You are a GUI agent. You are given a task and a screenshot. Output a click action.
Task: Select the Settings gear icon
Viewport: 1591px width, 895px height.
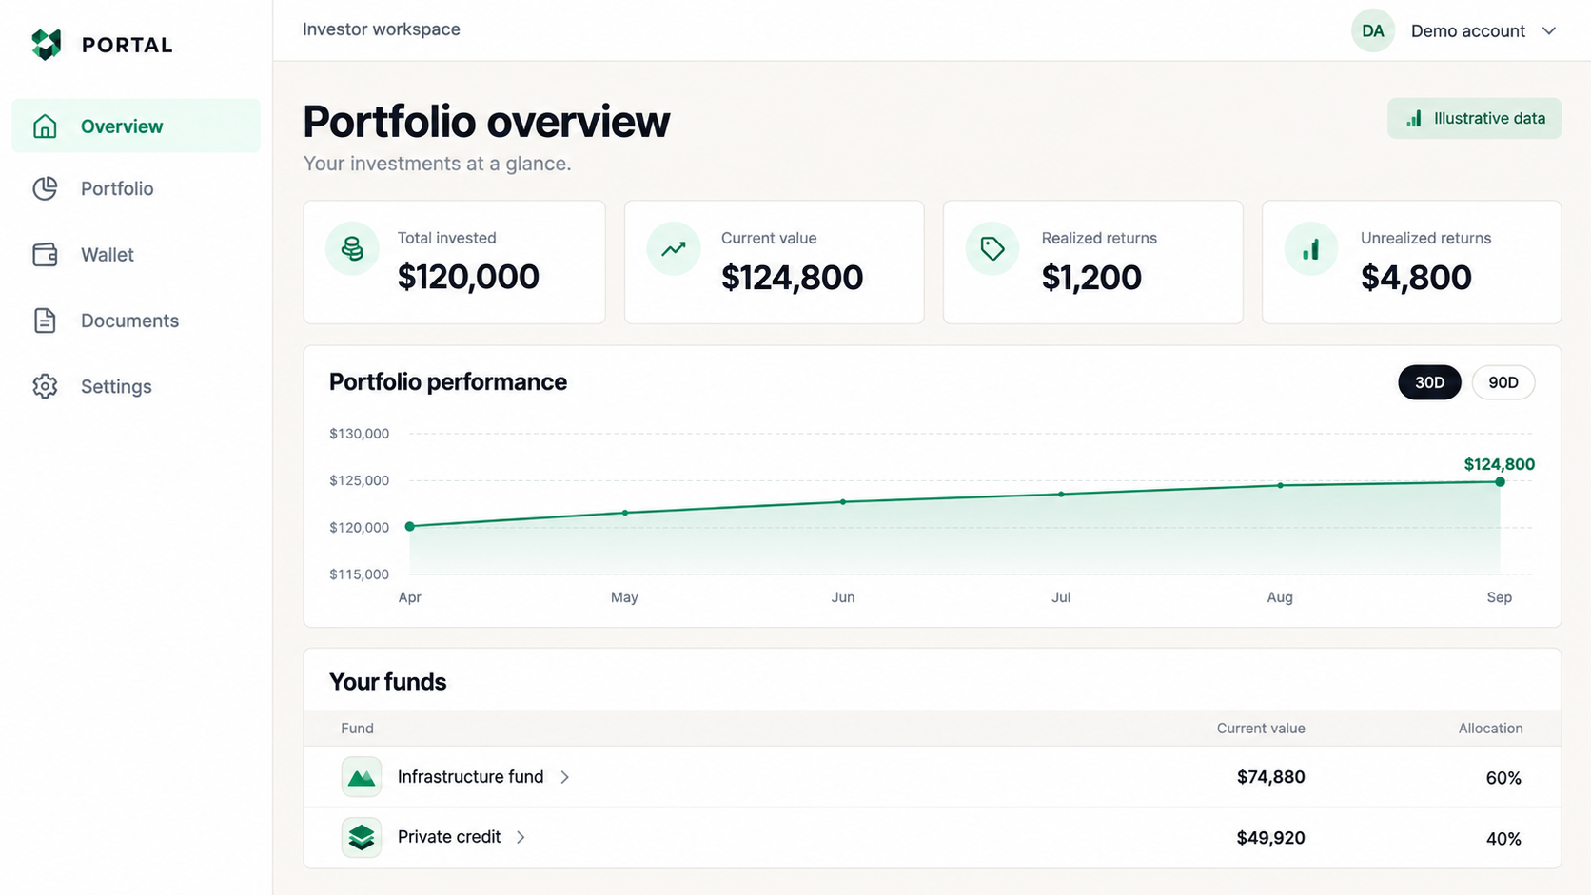point(45,387)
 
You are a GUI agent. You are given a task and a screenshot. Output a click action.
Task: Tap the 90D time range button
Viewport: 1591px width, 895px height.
point(1503,382)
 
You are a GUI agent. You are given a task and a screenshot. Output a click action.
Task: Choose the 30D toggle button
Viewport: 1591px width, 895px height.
point(1429,382)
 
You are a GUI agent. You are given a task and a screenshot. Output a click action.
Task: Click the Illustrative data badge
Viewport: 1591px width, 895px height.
point(1474,119)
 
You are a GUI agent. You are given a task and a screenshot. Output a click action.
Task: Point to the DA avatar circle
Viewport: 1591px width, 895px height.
point(1372,31)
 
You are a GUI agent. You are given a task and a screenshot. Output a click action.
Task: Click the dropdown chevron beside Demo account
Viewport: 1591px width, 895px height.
point(1549,31)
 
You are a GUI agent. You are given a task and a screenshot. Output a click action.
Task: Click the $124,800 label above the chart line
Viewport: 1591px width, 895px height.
point(1500,464)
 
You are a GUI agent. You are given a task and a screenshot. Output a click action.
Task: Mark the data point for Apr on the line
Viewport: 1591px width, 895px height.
point(410,527)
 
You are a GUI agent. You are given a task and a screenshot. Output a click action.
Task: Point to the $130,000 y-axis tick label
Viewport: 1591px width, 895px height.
point(360,434)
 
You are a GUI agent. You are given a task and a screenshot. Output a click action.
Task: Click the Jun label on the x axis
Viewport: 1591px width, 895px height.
point(843,597)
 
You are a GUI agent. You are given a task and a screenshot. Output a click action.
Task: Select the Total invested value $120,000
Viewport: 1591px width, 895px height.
point(468,277)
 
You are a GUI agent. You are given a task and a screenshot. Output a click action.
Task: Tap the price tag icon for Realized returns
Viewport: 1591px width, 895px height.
point(992,248)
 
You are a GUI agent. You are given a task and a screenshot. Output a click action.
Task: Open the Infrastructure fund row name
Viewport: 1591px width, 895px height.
point(470,777)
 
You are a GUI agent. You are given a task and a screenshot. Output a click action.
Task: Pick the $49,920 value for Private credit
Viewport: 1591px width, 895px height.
point(1270,838)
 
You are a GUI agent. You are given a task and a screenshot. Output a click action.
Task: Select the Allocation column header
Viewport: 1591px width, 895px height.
point(1490,729)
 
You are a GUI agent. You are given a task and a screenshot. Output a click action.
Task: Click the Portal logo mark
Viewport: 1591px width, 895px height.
point(47,45)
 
